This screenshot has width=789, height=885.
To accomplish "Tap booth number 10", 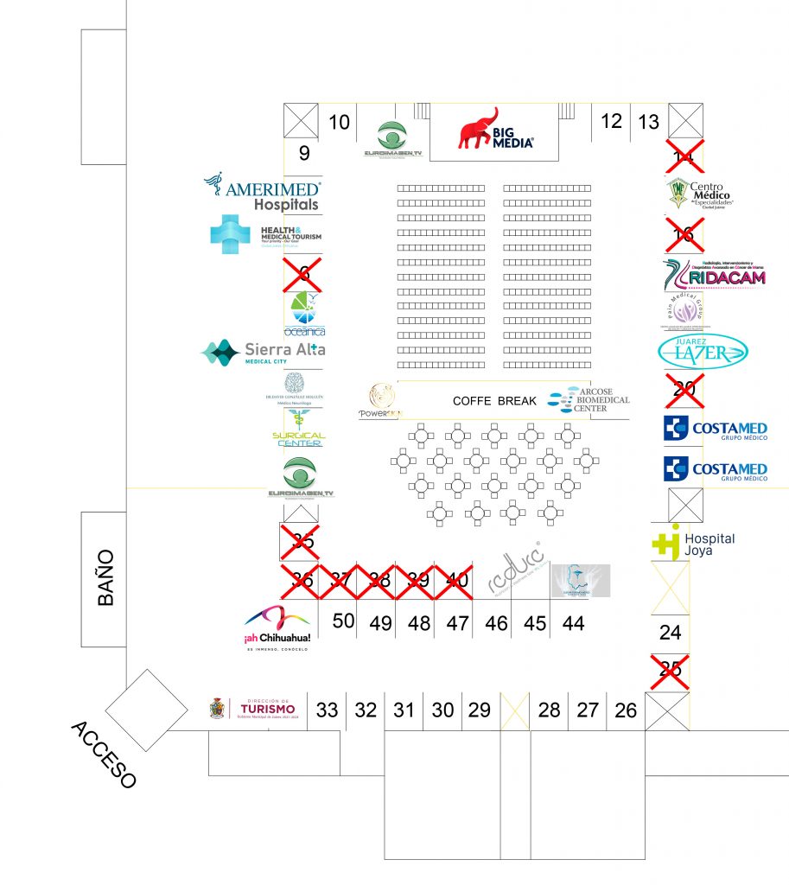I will tap(340, 123).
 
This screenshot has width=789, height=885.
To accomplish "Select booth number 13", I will tap(648, 123).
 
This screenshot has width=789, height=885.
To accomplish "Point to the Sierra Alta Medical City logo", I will tap(263, 352).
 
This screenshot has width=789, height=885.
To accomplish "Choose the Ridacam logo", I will tap(714, 275).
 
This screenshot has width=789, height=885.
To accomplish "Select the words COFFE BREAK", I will tap(494, 401).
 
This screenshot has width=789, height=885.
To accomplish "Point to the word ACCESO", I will tap(103, 754).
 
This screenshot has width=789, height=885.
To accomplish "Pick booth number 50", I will tap(343, 621).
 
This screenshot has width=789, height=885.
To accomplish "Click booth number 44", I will tap(573, 622).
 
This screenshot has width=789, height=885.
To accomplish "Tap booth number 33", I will tap(327, 710).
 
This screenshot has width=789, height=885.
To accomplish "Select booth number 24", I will tap(670, 633).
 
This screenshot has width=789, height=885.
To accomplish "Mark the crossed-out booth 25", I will tap(670, 667).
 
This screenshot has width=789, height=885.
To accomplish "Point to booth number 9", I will tap(303, 154).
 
